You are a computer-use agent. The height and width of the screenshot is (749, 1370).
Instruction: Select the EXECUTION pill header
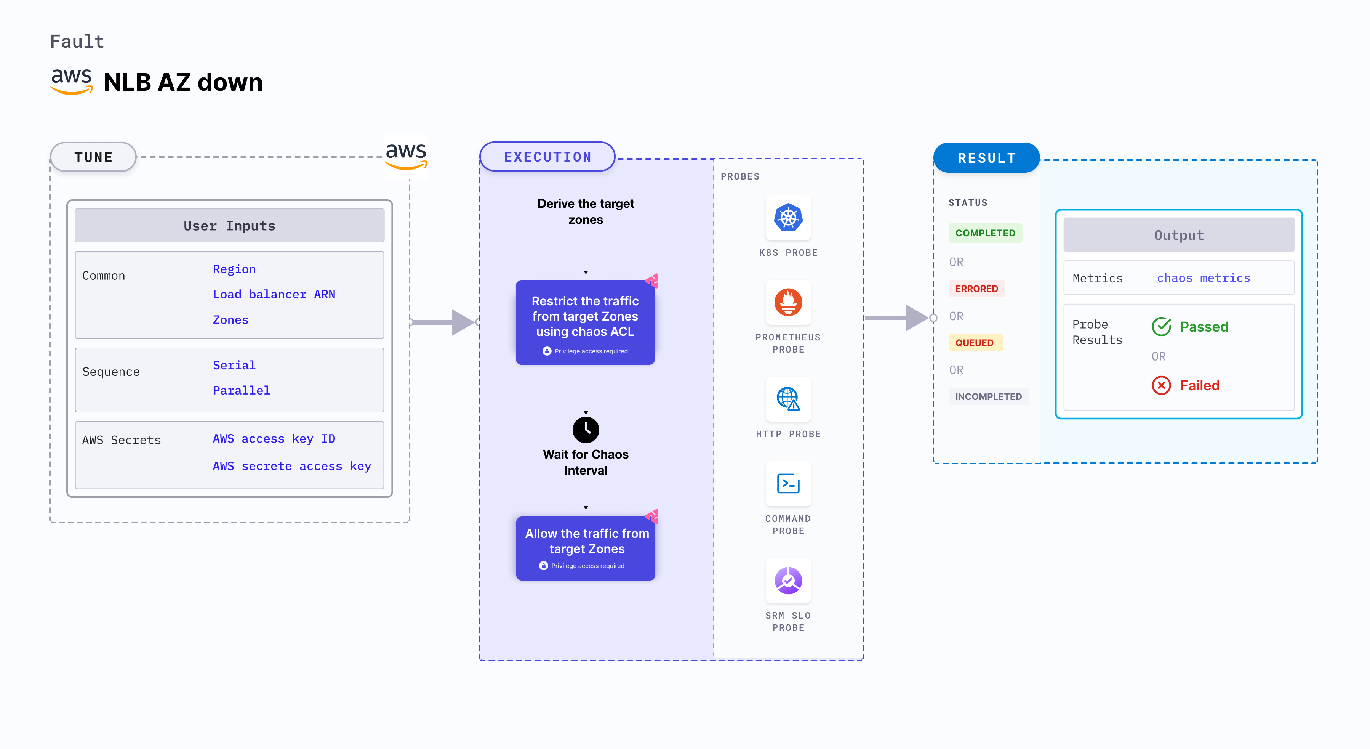click(547, 157)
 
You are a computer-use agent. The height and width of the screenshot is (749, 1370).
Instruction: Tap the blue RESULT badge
click(987, 158)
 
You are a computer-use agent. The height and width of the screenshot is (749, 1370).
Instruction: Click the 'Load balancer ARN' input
click(274, 294)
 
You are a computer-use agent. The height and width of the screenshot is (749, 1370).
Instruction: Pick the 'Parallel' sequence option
click(242, 390)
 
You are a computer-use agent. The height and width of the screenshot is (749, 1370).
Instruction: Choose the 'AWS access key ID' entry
click(274, 439)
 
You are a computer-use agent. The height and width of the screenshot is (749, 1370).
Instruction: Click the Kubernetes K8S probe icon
click(788, 218)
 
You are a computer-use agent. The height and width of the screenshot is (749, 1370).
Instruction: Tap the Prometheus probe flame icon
click(788, 302)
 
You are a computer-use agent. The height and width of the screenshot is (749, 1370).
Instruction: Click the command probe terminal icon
click(788, 484)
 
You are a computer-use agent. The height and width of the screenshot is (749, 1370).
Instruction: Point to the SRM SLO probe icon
click(788, 581)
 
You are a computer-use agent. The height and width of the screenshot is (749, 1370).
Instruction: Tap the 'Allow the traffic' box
click(586, 548)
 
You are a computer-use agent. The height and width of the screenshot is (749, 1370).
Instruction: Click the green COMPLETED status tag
click(985, 233)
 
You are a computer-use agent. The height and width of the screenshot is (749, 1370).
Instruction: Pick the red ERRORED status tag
click(976, 289)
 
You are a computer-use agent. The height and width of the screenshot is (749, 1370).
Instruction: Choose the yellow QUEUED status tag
click(974, 343)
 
